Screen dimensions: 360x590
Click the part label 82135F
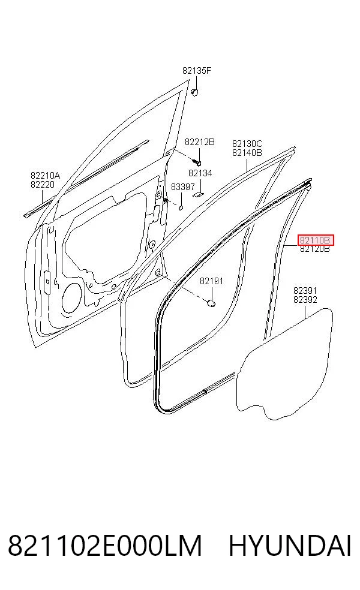(x=197, y=70)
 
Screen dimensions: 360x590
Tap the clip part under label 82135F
(x=194, y=92)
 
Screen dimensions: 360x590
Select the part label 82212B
(x=199, y=142)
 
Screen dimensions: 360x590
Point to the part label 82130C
(x=247, y=144)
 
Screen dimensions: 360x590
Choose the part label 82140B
(x=247, y=153)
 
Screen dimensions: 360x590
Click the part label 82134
(x=200, y=173)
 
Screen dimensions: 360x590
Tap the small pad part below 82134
(x=197, y=194)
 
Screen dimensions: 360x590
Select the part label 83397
(x=182, y=187)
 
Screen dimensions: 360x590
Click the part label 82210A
(x=45, y=175)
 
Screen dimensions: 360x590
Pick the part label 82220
(x=43, y=185)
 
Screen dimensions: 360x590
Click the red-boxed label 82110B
(x=316, y=240)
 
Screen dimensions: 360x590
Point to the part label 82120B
(x=315, y=249)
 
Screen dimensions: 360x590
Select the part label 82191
(x=211, y=281)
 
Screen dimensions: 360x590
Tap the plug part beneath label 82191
(x=212, y=303)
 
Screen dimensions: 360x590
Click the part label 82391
(x=305, y=291)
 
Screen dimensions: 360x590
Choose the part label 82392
(x=305, y=300)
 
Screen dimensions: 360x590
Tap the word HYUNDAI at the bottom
(x=290, y=546)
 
